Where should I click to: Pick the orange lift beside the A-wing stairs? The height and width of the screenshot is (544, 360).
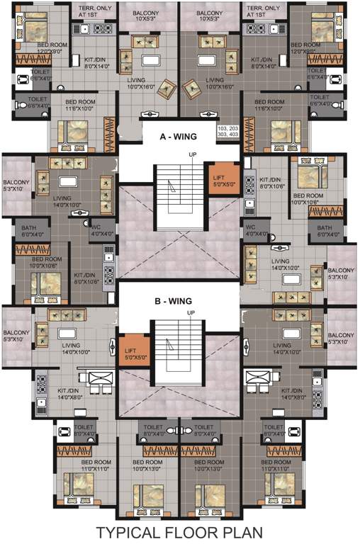(x=218, y=177)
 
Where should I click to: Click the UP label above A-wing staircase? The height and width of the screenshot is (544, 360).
(x=191, y=154)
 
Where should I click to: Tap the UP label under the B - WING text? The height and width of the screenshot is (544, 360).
(x=190, y=312)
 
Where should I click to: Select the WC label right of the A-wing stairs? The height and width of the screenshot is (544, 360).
(x=252, y=230)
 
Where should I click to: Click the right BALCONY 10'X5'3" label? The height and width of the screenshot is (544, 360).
(x=210, y=16)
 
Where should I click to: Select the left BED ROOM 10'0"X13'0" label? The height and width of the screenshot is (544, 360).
(x=147, y=465)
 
